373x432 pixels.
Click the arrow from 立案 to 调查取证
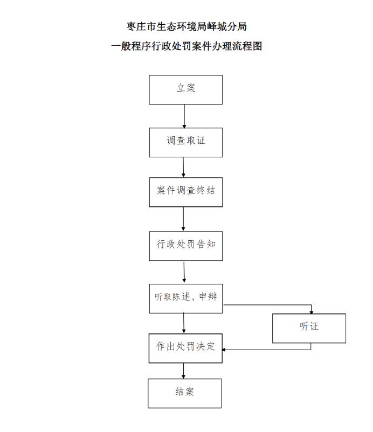[x=184, y=116]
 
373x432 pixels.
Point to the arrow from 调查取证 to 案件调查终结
[x=183, y=167]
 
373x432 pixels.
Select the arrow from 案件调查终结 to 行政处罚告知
[x=183, y=219]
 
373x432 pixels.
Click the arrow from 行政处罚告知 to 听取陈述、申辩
[x=184, y=272]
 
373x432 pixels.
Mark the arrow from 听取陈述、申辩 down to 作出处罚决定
[x=184, y=323]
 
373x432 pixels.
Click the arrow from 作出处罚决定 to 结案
[x=184, y=371]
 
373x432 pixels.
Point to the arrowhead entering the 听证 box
[x=311, y=312]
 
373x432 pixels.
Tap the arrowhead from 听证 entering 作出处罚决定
[x=224, y=350]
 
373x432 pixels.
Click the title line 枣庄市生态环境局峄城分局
[x=186, y=27]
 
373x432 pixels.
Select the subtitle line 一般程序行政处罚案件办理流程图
[x=186, y=46]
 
